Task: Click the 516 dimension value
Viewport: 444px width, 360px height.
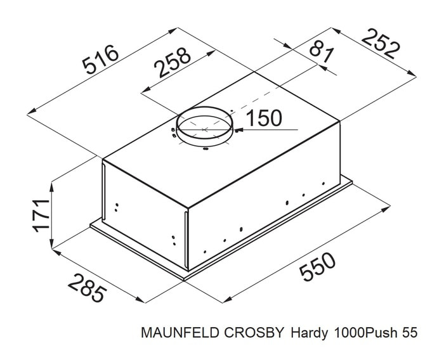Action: (100, 59)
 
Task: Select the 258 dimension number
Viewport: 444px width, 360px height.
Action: (172, 62)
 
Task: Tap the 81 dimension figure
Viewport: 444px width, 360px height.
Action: (321, 52)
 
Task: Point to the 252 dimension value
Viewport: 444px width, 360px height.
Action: (381, 44)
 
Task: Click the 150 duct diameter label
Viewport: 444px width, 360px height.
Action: (264, 118)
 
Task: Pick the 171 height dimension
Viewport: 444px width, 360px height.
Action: (41, 215)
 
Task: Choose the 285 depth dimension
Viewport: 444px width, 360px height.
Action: (88, 288)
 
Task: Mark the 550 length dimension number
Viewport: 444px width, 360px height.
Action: (317, 267)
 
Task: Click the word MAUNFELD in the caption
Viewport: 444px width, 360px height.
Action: (180, 333)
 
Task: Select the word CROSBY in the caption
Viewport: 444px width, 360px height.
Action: (254, 333)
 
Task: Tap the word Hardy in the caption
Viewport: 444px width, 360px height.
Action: (310, 333)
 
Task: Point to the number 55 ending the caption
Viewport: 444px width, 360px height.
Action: (410, 333)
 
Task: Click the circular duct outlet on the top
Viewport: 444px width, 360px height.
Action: (204, 108)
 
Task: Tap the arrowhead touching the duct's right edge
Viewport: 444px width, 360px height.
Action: (238, 130)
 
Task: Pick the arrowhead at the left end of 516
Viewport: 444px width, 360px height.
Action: (32, 112)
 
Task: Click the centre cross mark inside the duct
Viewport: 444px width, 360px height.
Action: (205, 130)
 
